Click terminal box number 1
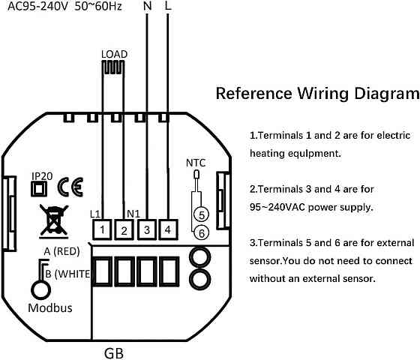pos(102,229)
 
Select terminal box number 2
pos(124,229)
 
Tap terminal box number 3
pos(147,229)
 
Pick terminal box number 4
pos(168,229)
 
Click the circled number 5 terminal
pos(202,214)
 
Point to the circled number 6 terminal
pos(202,233)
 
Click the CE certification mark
pos(70,187)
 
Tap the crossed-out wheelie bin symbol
pos(53,221)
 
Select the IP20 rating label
pos(42,176)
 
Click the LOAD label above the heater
pos(114,54)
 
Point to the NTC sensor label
pos(196,163)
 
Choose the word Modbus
pos(50,307)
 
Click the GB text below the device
pos(114,353)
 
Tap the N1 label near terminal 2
pos(133,214)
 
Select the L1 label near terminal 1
pos(95,214)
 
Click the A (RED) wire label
pos(61,251)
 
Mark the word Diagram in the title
pos(386,94)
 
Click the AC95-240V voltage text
pos(37,6)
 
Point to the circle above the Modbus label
pos(41,290)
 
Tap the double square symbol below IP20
pos(39,189)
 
